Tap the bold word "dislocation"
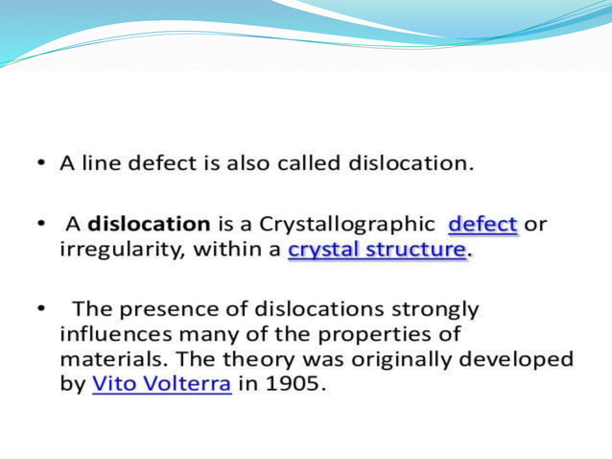149,225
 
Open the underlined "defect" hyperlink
483,225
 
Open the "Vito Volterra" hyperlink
161,384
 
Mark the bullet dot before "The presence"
42,310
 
